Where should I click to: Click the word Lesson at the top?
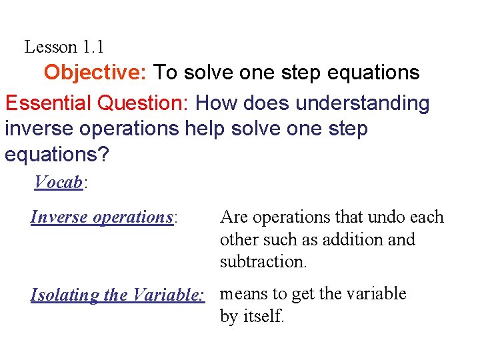51,47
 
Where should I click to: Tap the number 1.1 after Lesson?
93,47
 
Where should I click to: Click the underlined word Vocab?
57,181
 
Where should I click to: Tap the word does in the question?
266,103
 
